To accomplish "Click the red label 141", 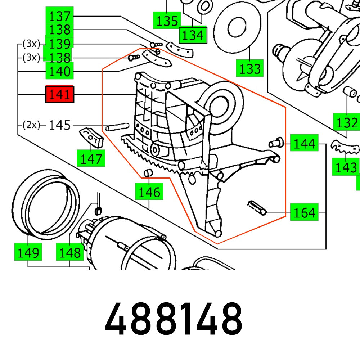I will click(59, 95).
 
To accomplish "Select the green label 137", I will click(59, 17).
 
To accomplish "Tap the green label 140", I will click(59, 71).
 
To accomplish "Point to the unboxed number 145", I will click(60, 125).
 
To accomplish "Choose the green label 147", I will click(91, 158).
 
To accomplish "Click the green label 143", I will click(346, 167).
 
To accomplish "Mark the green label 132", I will click(346, 122).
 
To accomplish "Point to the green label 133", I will click(249, 68).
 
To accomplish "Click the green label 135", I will click(166, 21).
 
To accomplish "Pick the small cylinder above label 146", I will click(147, 174).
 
